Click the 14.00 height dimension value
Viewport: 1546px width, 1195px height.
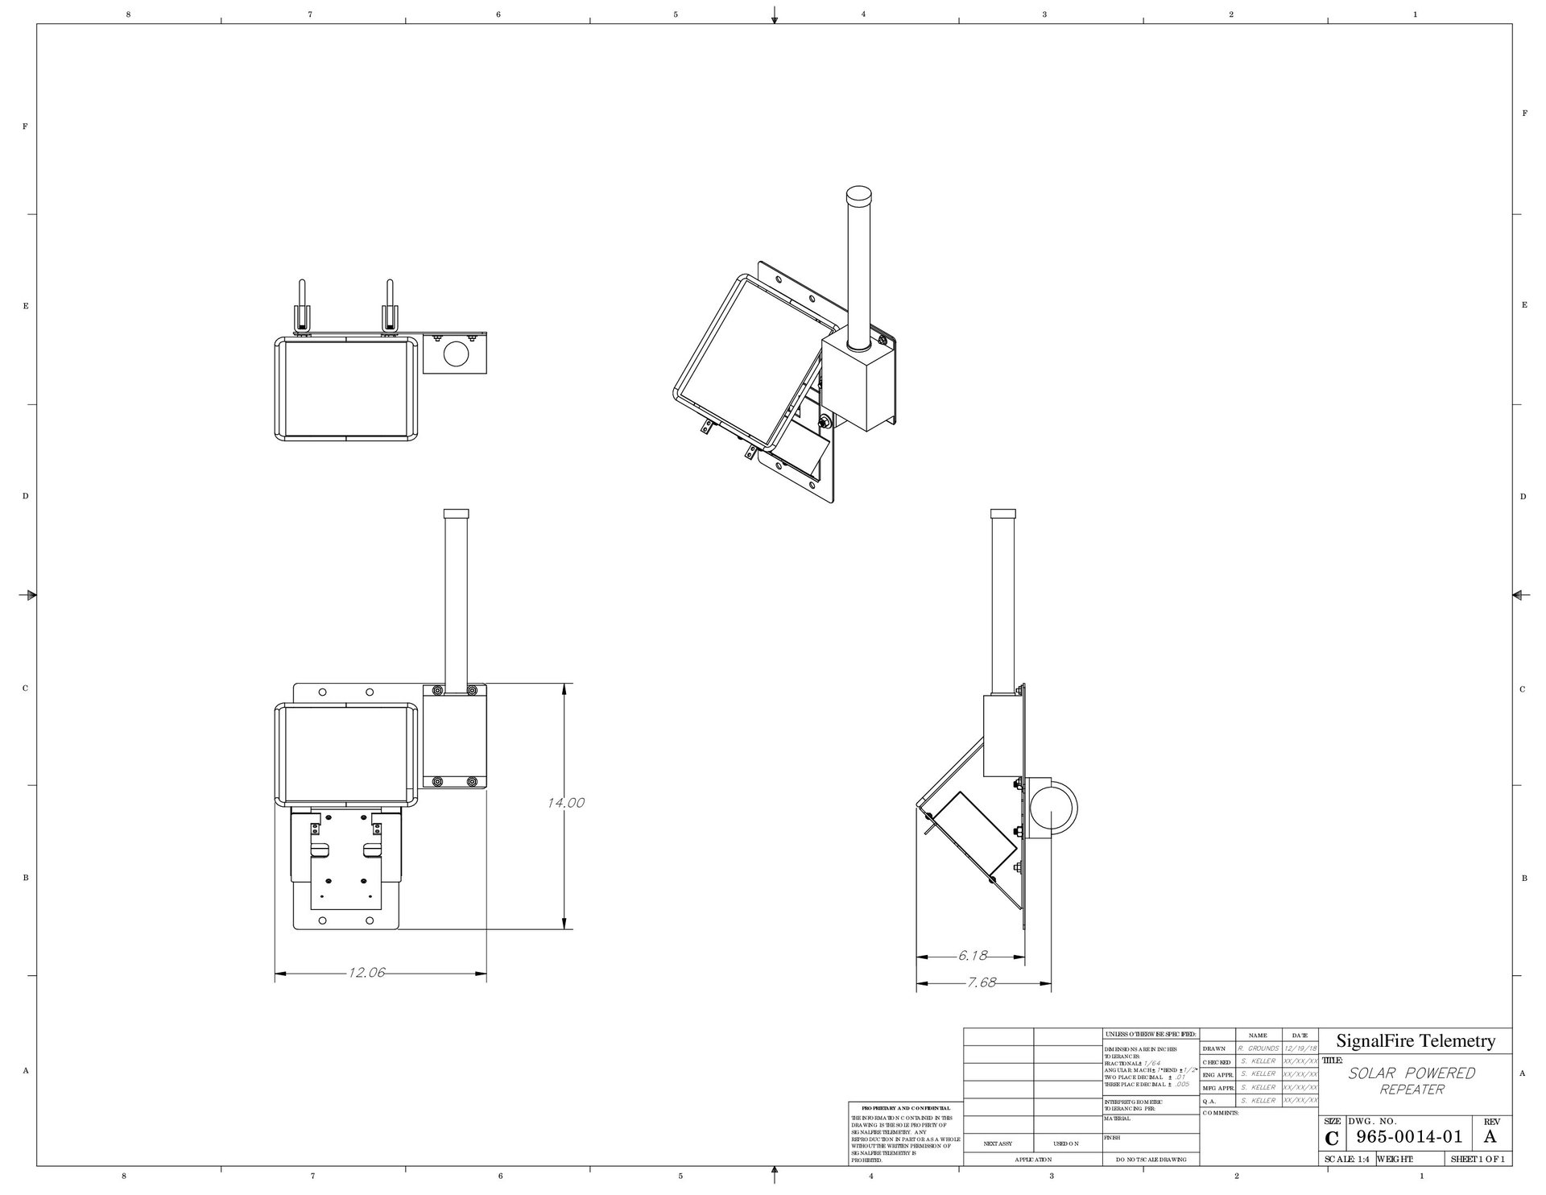pyautogui.click(x=565, y=802)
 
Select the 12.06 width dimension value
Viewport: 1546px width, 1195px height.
pyautogui.click(x=366, y=973)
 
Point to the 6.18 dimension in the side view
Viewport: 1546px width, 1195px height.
pyautogui.click(x=972, y=956)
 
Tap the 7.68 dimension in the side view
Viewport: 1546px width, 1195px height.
pyautogui.click(x=981, y=982)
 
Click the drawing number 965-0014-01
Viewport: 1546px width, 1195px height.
pyautogui.click(x=1408, y=1137)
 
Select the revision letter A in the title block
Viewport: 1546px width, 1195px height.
pyautogui.click(x=1490, y=1137)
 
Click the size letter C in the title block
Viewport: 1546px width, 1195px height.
pyautogui.click(x=1332, y=1139)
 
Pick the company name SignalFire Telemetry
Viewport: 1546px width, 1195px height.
pyautogui.click(x=1415, y=1040)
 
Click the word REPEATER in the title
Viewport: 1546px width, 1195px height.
pyautogui.click(x=1412, y=1090)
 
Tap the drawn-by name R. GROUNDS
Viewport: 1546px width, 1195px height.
pyautogui.click(x=1258, y=1048)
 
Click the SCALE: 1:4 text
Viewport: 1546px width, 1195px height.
pyautogui.click(x=1346, y=1160)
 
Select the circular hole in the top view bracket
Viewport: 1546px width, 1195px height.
pyautogui.click(x=455, y=355)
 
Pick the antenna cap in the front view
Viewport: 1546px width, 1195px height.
pyautogui.click(x=457, y=514)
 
